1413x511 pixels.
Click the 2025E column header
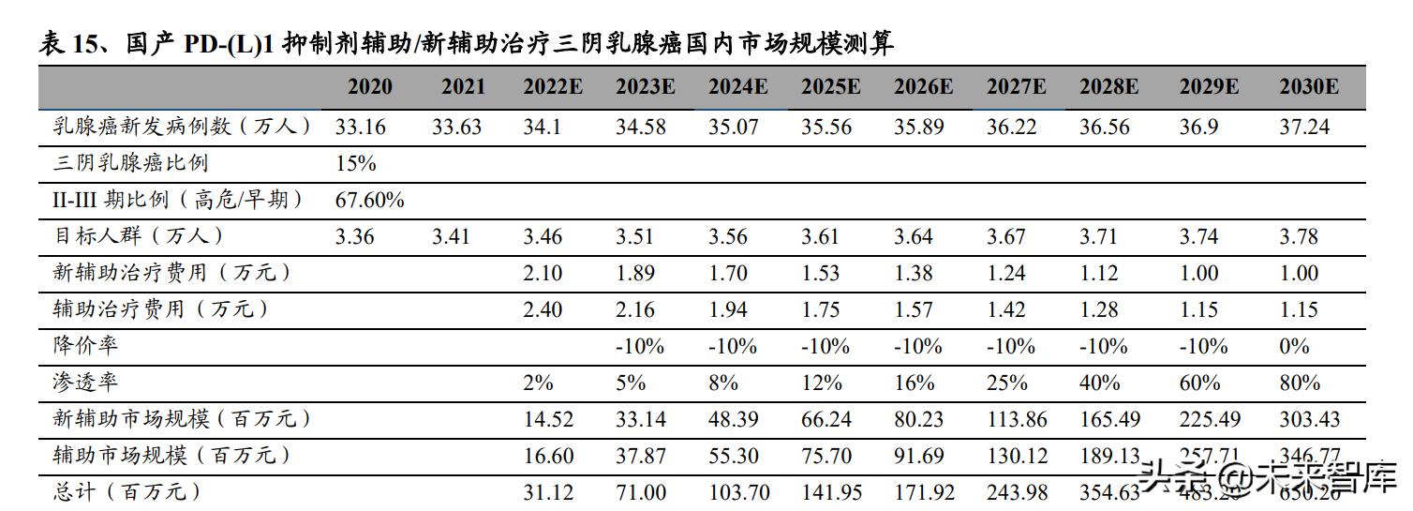click(x=830, y=88)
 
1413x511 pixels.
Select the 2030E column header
click(x=1308, y=88)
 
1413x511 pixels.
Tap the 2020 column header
click(x=370, y=88)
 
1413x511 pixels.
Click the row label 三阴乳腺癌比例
click(x=131, y=163)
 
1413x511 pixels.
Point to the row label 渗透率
click(x=86, y=383)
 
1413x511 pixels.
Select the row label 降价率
click(x=86, y=346)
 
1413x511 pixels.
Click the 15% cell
click(x=355, y=163)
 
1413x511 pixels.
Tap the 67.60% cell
click(x=369, y=200)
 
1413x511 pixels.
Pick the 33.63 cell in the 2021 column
click(x=456, y=127)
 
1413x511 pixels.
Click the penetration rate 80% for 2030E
click(x=1298, y=383)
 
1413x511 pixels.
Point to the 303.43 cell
click(x=1309, y=419)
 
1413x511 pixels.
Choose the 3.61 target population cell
click(x=826, y=236)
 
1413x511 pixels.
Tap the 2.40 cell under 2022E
click(x=543, y=309)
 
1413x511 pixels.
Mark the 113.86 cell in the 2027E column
click(x=1017, y=419)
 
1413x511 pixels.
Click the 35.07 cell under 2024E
click(x=734, y=127)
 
